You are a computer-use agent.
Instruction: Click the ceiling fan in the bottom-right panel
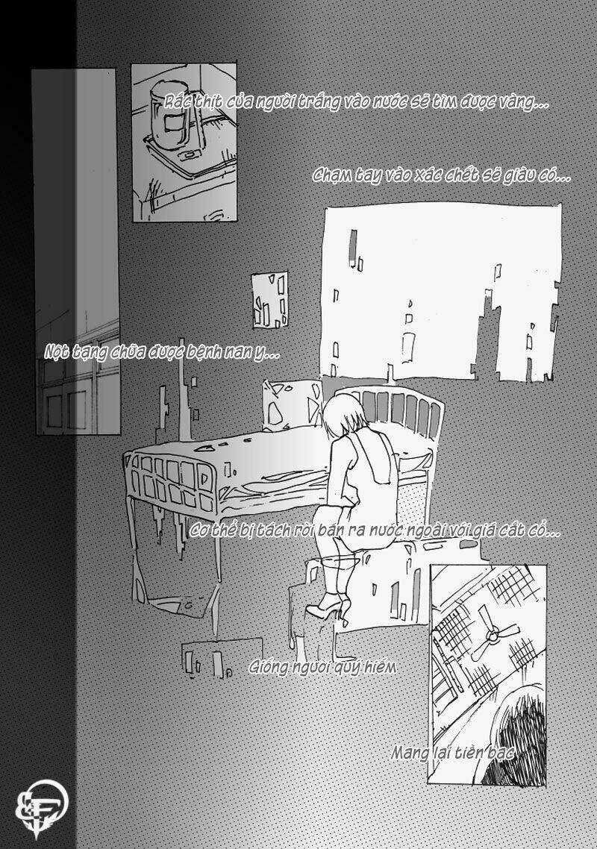493,635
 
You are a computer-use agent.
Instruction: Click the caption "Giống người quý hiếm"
322,667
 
